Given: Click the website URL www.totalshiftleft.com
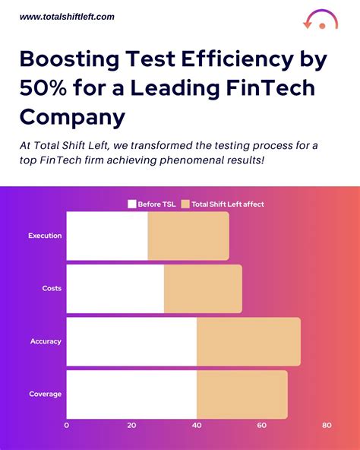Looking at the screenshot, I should click(x=67, y=16).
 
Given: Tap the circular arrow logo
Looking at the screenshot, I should click(x=320, y=20).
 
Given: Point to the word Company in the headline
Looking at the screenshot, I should click(x=73, y=116).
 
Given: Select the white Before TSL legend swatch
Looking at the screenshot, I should click(x=132, y=204).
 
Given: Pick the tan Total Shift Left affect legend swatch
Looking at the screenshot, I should click(x=185, y=204).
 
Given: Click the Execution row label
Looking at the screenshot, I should click(x=45, y=236).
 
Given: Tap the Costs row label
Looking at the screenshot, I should click(x=52, y=289).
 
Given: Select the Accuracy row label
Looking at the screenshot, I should click(x=46, y=341).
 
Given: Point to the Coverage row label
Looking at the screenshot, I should click(x=46, y=394).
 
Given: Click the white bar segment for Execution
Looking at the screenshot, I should click(x=107, y=236).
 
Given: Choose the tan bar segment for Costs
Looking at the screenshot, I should click(x=203, y=289).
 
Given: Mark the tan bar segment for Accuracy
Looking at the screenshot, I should click(x=248, y=341).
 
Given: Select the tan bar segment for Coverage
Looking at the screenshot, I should click(x=242, y=394).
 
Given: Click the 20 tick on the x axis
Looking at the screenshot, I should click(x=131, y=426).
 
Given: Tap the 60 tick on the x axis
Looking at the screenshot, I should click(x=261, y=426).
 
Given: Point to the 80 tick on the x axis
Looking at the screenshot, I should click(x=327, y=426).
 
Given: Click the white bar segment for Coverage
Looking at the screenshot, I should click(x=131, y=394).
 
